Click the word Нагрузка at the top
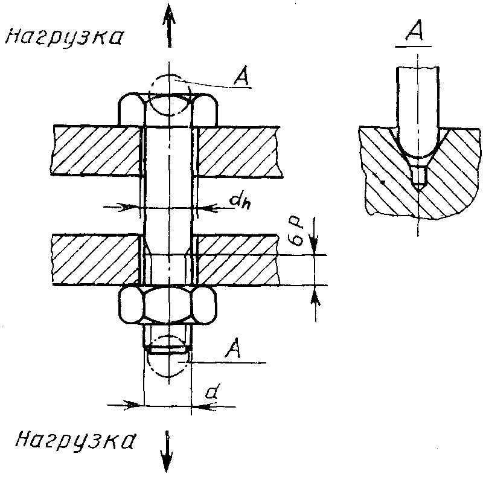click(x=63, y=37)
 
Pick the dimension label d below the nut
click(x=211, y=392)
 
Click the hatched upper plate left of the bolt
click(x=97, y=150)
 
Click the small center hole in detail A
click(x=418, y=178)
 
